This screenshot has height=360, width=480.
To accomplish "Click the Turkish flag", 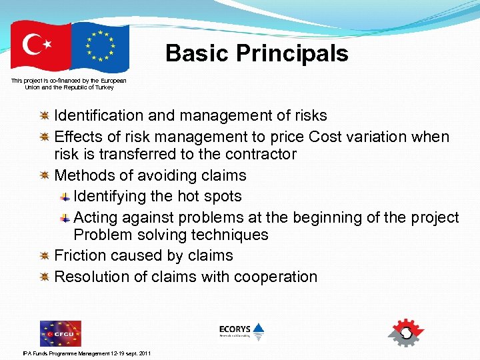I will [x=41, y=45].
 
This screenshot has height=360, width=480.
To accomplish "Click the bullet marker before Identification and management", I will [x=44, y=116].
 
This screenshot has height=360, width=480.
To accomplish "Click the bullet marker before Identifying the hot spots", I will [x=65, y=197].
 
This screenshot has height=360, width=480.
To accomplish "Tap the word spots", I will [x=223, y=197].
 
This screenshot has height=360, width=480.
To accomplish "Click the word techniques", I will [x=231, y=235].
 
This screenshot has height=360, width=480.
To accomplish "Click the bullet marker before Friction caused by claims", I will [x=44, y=255].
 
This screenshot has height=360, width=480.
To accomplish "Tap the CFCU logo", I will [x=60, y=333].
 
